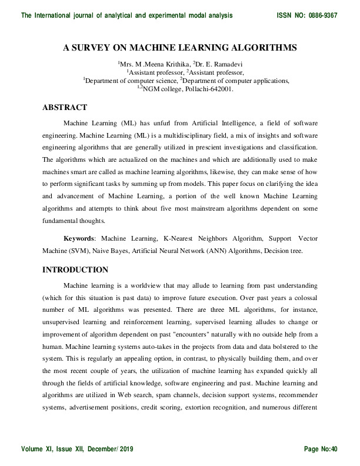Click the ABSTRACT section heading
(65, 107)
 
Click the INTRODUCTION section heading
(75, 270)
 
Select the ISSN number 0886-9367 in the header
(320, 15)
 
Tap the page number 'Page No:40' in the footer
(321, 449)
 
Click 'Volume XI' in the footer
(36, 449)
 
